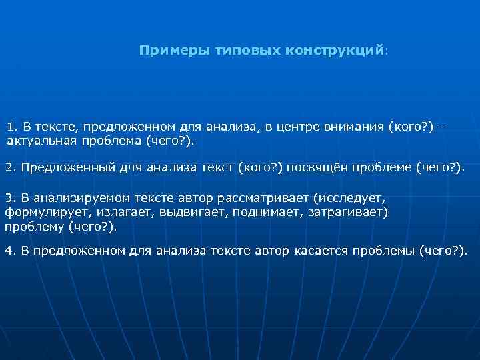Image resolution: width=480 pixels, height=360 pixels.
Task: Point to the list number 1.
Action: (x=11, y=127)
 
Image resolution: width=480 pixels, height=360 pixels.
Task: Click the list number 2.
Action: (x=9, y=166)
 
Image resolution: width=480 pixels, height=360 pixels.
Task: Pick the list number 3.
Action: (x=9, y=198)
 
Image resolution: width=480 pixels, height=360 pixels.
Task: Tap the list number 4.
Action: (x=9, y=250)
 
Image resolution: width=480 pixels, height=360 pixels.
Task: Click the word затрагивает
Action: (x=347, y=212)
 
